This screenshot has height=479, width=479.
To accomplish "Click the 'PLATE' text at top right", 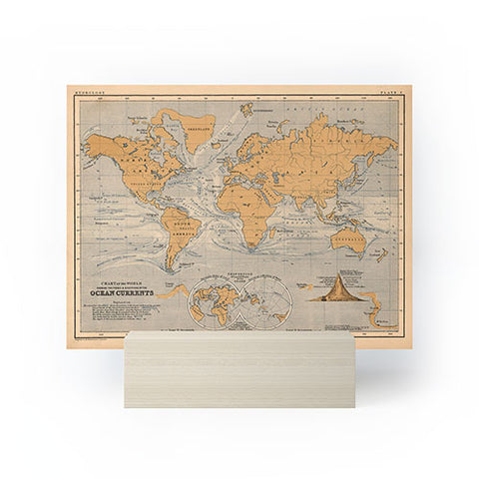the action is pos(390,92).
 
